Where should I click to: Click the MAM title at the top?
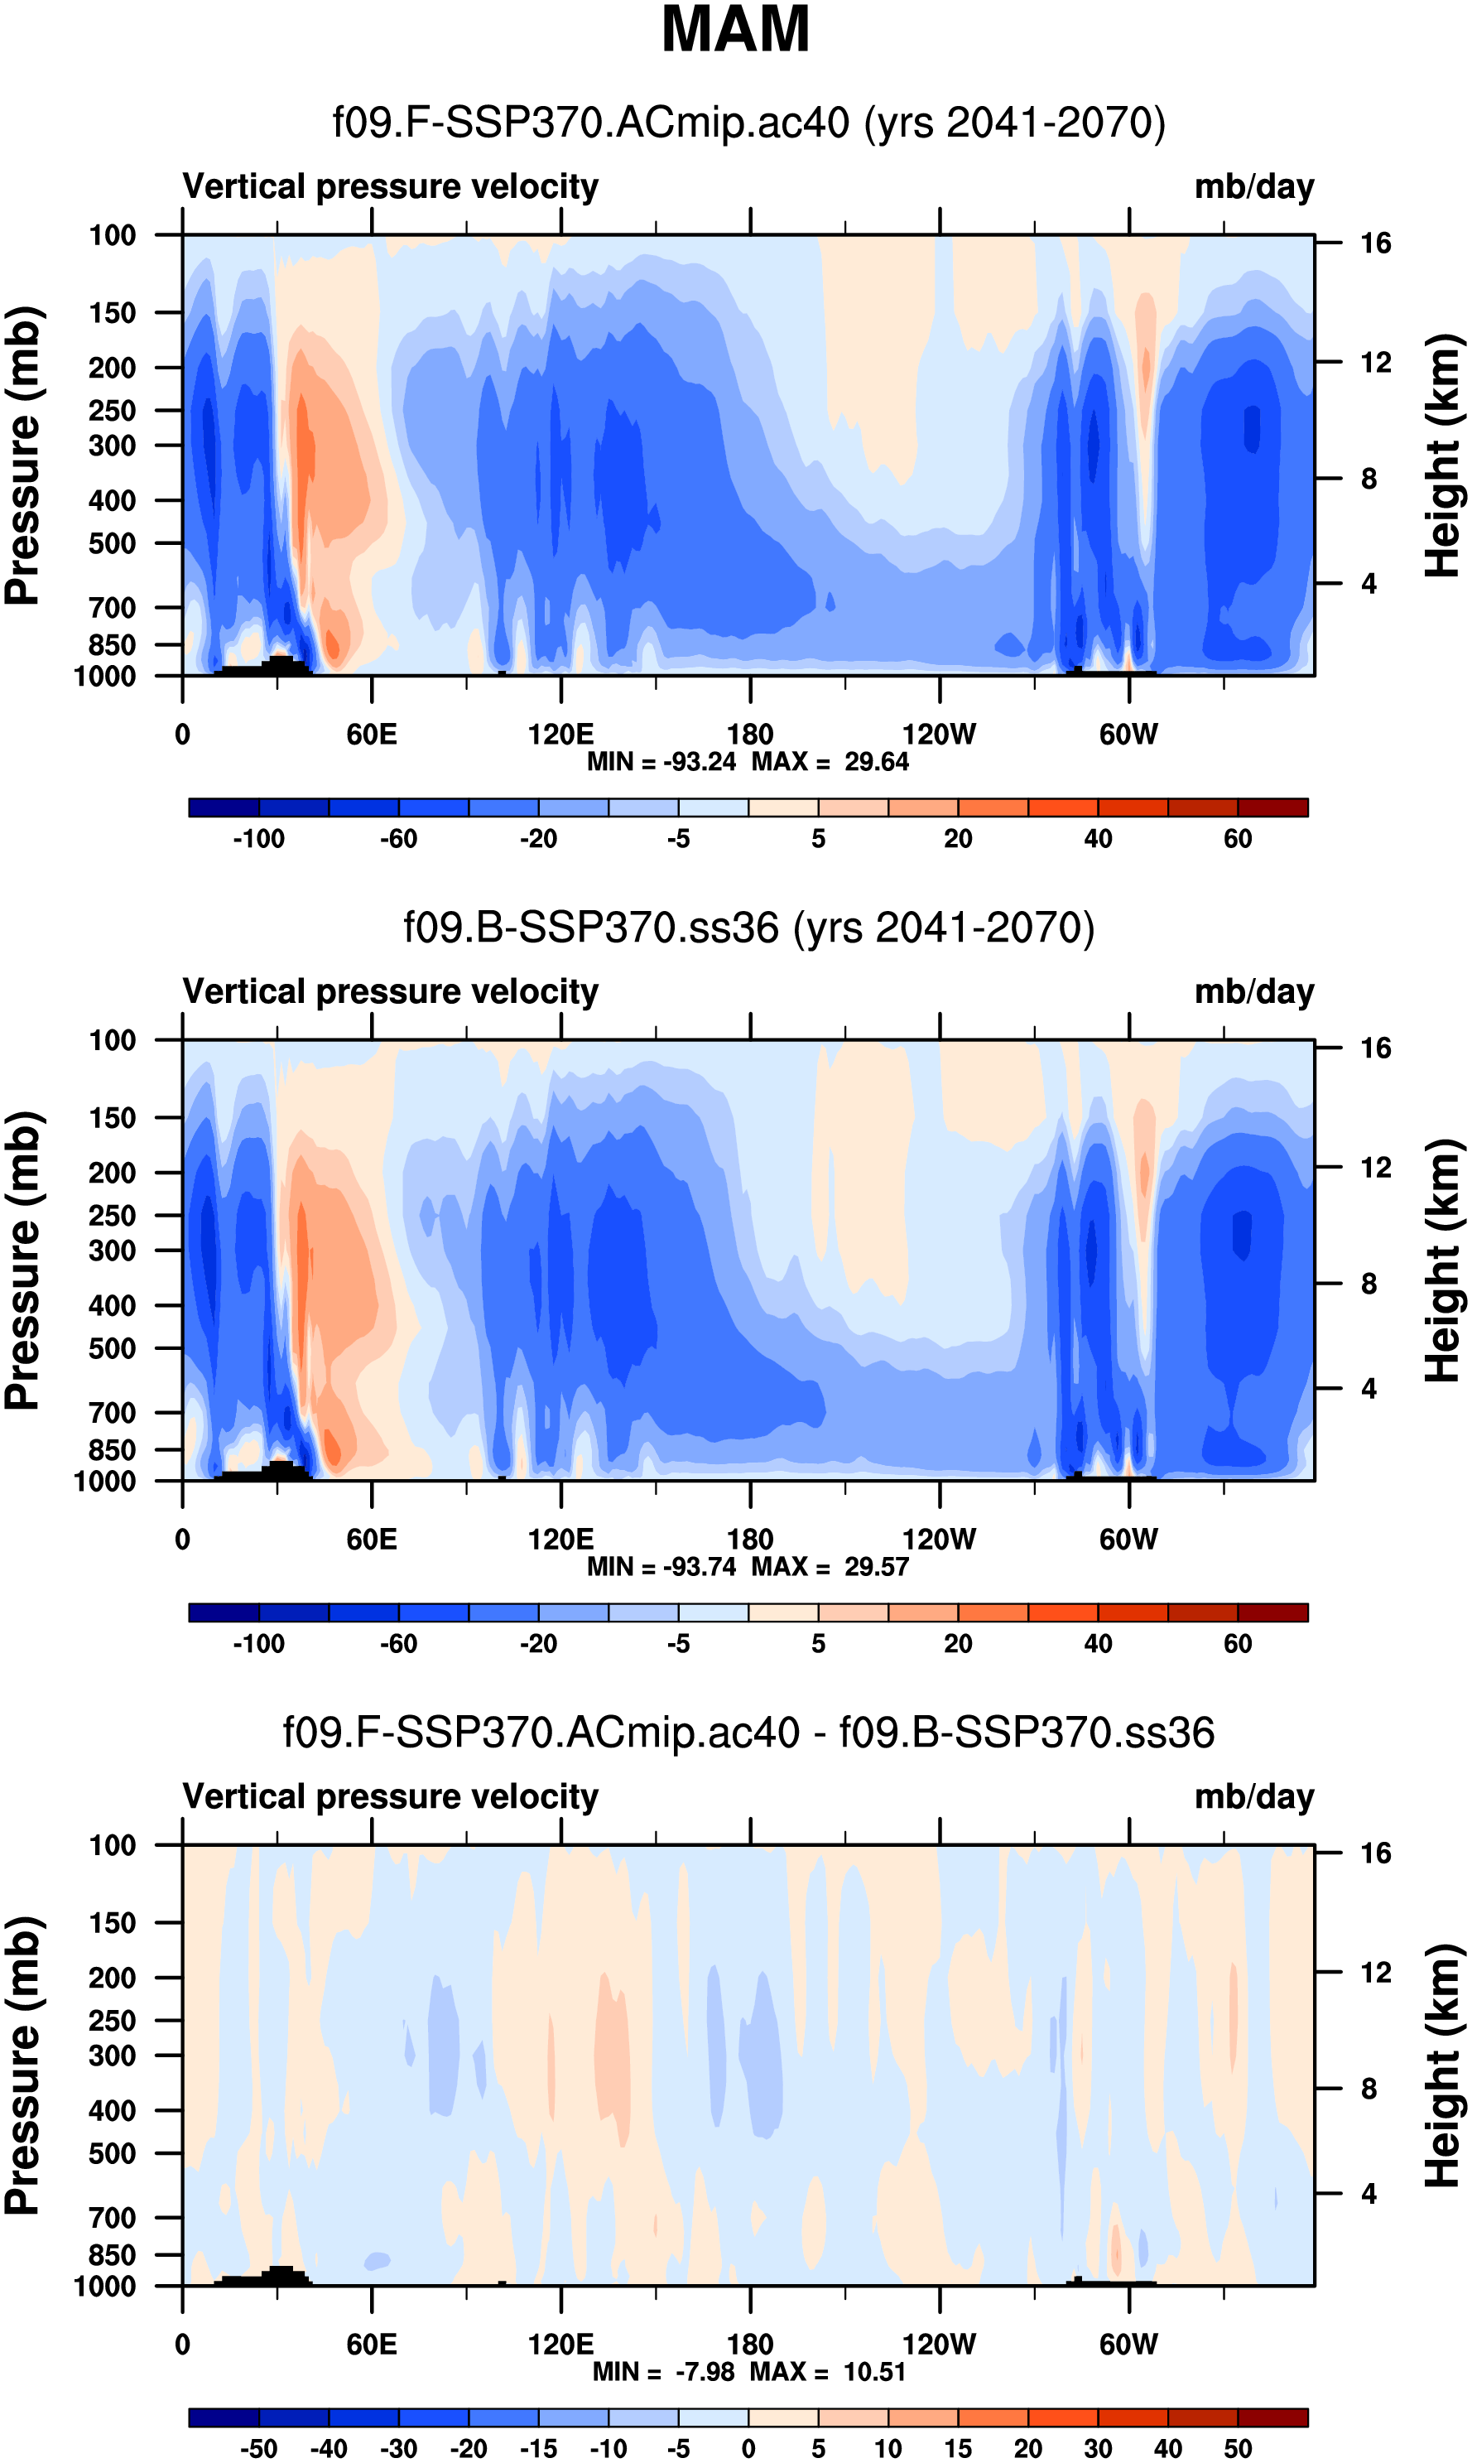pos(735,30)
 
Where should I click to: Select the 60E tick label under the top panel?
pos(371,735)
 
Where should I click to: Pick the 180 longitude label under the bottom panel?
pos(750,2345)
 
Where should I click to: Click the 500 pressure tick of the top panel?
pos(112,543)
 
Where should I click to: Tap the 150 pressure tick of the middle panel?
pos(112,1118)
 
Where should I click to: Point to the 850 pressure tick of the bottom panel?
pos(112,2254)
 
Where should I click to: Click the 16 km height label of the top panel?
pos(1375,243)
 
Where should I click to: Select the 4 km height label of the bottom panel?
pos(1369,2193)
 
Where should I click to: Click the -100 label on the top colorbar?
pos(259,839)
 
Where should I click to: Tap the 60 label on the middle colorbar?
pos(1237,1644)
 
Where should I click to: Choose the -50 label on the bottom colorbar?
pos(259,2448)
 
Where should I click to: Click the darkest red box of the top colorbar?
pos(1272,807)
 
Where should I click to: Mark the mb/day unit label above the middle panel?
pos(1253,992)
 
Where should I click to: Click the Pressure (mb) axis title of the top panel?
pos(22,455)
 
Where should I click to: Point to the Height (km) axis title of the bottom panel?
pos(1443,2067)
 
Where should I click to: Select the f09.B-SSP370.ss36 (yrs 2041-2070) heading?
pos(749,928)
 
